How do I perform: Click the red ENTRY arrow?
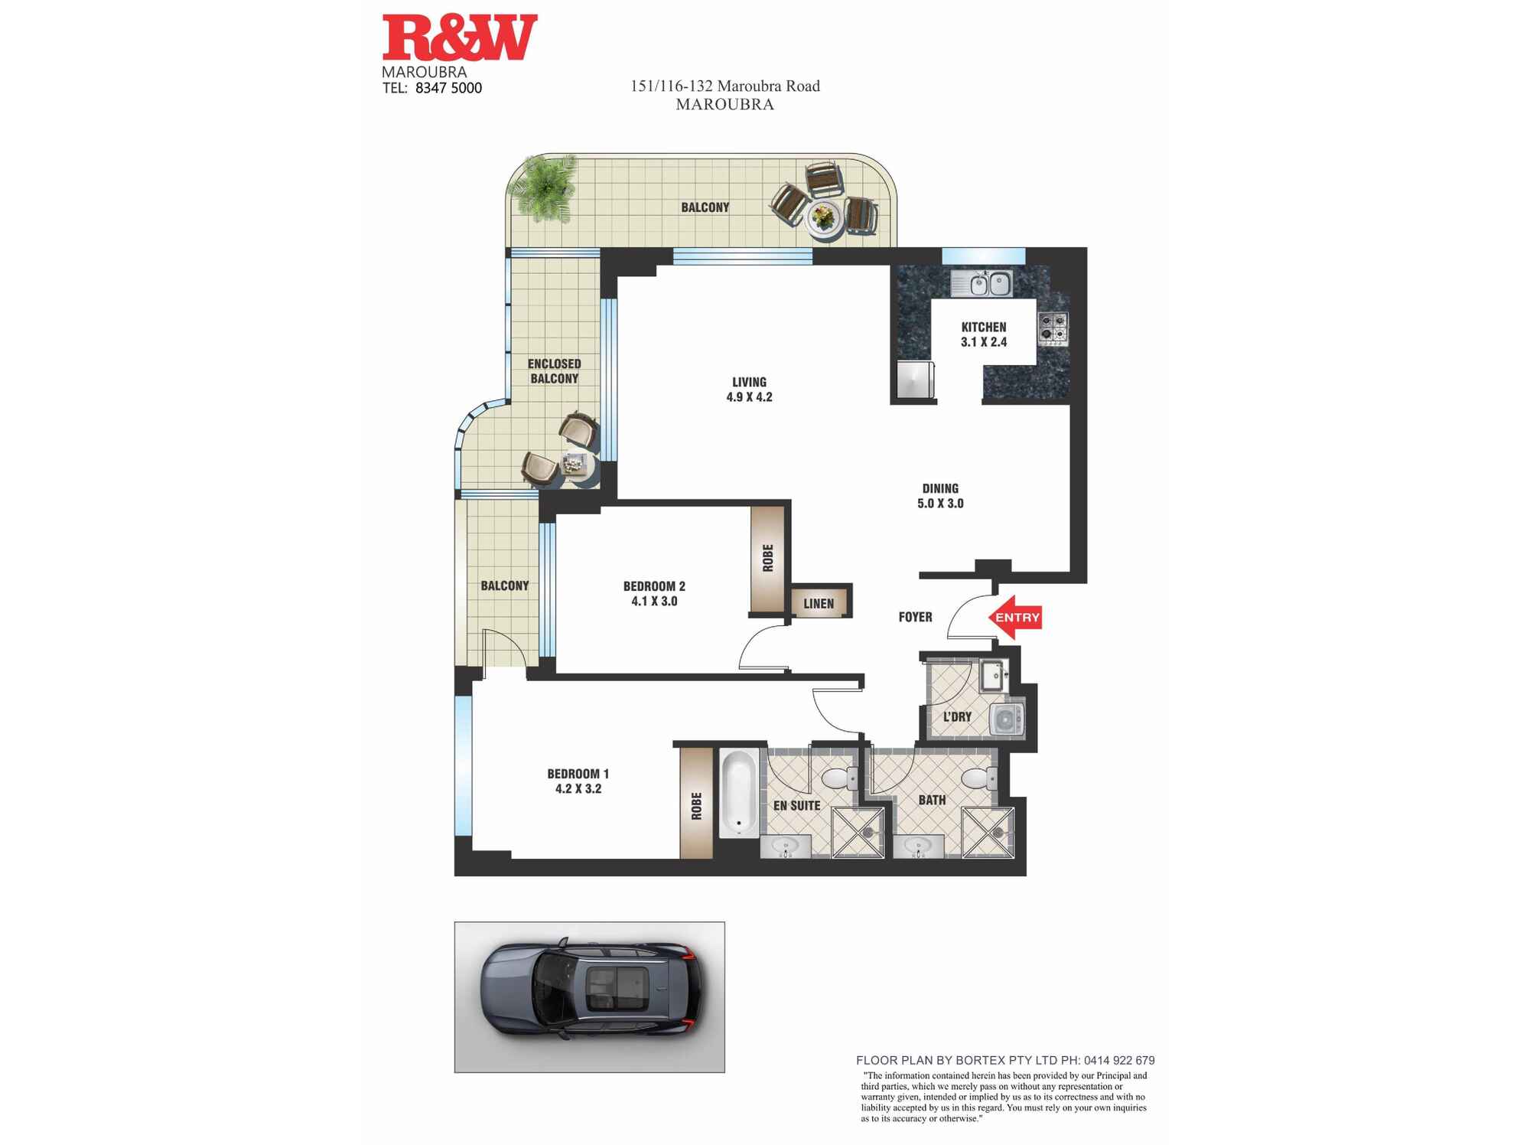pos(1014,617)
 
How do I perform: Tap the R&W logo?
pos(460,38)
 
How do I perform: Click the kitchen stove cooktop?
pos(1053,328)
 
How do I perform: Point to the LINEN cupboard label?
pos(819,604)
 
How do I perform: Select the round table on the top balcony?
pos(823,218)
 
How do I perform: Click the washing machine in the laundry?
pos(1005,719)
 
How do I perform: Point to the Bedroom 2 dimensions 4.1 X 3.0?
pos(654,602)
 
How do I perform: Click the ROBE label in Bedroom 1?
pos(696,806)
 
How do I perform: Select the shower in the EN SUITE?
pos(858,832)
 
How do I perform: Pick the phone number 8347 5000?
pos(448,88)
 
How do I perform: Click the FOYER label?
pos(915,617)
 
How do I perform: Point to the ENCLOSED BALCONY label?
pos(555,371)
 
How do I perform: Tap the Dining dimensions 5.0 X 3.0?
pos(940,504)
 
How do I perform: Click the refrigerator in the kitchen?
pos(916,380)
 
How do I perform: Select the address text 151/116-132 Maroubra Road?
pos(724,86)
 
